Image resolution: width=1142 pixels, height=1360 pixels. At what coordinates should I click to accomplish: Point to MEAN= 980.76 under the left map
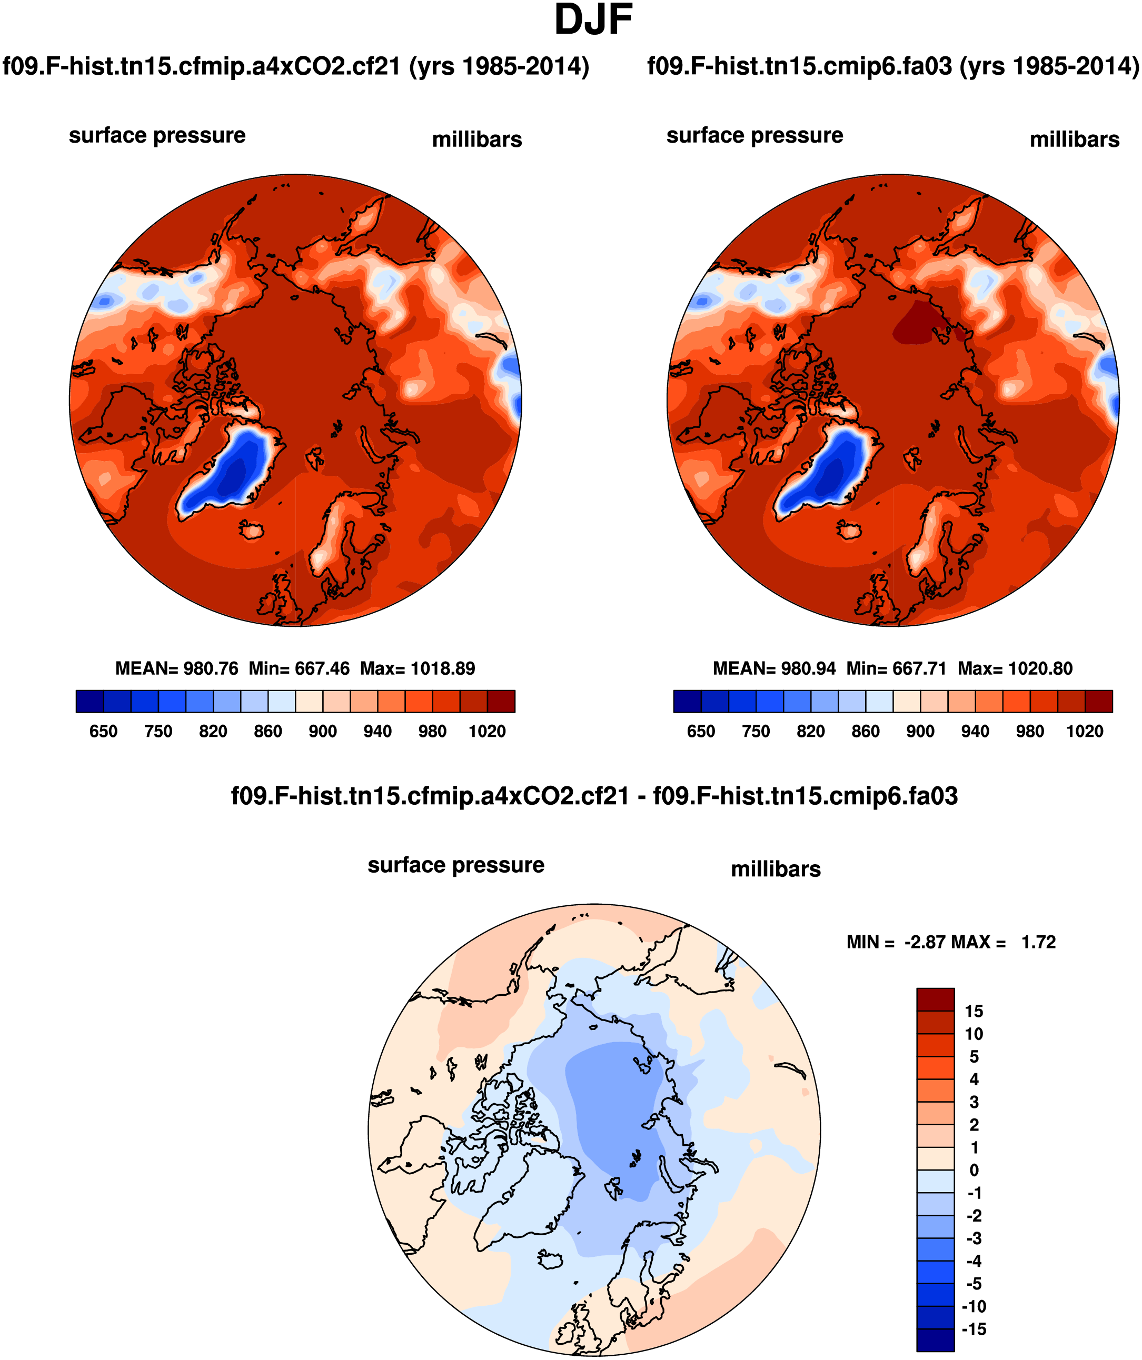pos(176,668)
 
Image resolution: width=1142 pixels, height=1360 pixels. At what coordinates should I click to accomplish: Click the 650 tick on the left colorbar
pos(103,732)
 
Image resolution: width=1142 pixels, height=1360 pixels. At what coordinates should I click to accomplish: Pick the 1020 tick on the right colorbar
pos(1085,732)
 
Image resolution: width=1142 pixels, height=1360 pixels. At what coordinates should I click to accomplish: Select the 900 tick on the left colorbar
pos(323,732)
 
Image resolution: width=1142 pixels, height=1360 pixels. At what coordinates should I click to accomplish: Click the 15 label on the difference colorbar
pos(974,1012)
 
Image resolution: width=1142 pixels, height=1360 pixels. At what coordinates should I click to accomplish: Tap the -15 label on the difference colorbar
pos(974,1329)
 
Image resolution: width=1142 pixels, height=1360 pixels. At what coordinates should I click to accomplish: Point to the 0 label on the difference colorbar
pos(974,1170)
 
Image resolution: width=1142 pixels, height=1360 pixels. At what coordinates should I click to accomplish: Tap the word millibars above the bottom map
pos(776,869)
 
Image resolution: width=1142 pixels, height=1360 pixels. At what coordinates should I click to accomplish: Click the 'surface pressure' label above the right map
pos(754,135)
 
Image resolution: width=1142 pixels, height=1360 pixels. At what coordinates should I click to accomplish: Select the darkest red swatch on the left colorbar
pos(501,702)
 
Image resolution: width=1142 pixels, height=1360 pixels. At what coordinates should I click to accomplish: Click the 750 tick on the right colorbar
pos(756,732)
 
